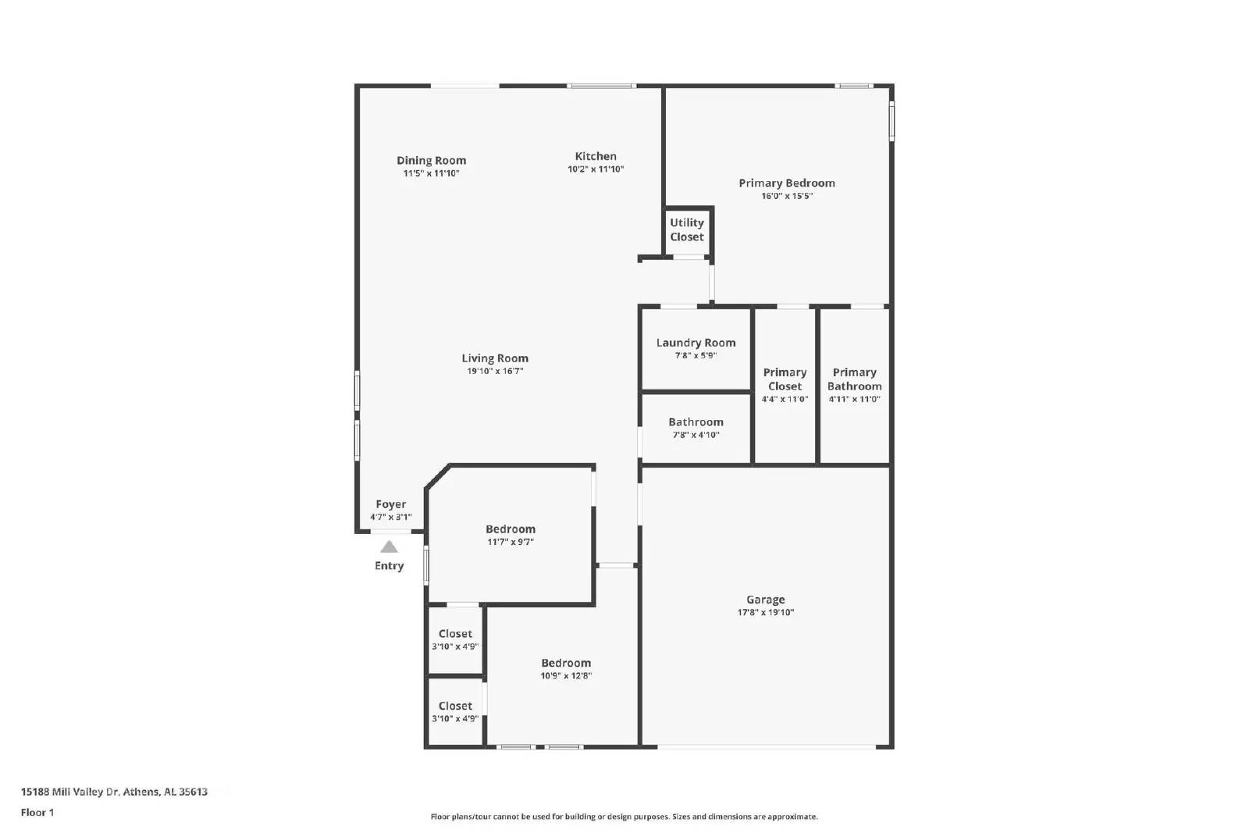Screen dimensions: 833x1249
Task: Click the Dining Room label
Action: (x=431, y=161)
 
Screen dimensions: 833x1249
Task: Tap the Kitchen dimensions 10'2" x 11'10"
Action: (x=596, y=169)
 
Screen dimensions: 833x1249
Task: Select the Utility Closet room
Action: (x=687, y=230)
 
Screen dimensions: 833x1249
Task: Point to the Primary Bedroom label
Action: (x=787, y=183)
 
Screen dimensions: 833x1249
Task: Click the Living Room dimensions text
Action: (x=495, y=372)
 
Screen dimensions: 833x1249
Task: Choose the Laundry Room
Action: (x=696, y=349)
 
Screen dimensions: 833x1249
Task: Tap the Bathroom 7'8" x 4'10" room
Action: (x=696, y=428)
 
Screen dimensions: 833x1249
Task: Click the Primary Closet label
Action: (x=785, y=379)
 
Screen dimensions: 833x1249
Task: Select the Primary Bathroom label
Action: (x=854, y=379)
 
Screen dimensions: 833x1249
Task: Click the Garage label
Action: (x=765, y=600)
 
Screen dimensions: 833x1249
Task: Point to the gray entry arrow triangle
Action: (x=389, y=546)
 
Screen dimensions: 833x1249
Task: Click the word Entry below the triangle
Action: (x=389, y=566)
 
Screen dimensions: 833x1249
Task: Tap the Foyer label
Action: (x=390, y=504)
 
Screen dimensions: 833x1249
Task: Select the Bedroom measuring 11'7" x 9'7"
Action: (x=511, y=535)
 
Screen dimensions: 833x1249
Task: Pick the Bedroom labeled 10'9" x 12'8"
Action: (x=566, y=669)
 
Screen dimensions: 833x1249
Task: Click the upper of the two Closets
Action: (x=455, y=639)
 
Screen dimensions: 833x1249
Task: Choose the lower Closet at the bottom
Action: (x=455, y=711)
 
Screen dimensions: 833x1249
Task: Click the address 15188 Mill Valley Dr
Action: (x=114, y=792)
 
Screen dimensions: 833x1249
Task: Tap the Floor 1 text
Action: (x=37, y=813)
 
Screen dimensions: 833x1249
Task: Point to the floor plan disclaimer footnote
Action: (x=624, y=817)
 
